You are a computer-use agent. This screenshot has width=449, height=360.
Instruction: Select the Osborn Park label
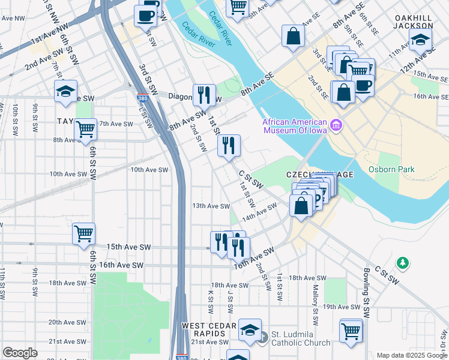click(391, 170)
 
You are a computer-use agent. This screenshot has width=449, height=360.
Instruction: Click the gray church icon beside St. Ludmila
click(262, 338)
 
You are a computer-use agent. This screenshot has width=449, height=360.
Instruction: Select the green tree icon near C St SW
click(403, 263)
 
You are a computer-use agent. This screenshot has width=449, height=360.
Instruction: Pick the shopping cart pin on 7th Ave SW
click(85, 128)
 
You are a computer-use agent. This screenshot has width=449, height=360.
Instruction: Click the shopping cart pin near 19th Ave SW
click(351, 330)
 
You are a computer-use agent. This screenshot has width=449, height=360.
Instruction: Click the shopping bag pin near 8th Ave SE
click(292, 36)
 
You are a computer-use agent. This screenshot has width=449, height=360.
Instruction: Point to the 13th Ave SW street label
click(211, 206)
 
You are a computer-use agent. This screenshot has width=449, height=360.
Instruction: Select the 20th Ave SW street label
click(66, 322)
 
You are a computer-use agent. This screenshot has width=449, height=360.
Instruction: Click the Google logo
click(20, 352)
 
